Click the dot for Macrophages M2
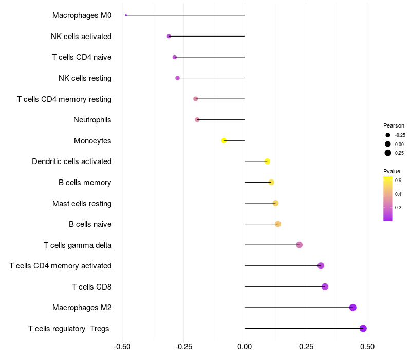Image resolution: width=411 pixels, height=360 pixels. tap(352, 308)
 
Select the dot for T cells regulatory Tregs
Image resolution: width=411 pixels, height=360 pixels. tap(363, 328)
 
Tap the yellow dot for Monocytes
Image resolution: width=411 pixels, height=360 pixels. tap(224, 140)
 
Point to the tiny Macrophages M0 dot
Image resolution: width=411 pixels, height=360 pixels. tap(126, 15)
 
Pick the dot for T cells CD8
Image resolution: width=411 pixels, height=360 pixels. tap(325, 286)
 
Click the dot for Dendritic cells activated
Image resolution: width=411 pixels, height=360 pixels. tap(267, 161)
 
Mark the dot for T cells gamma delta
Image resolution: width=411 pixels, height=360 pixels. tap(300, 245)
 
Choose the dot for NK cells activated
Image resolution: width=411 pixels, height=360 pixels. tap(169, 36)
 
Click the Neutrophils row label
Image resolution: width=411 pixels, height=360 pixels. tap(92, 120)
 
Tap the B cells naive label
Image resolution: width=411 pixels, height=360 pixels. tap(90, 224)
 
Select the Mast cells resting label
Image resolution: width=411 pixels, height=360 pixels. tap(82, 203)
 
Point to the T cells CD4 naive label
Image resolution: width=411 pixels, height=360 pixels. tap(82, 57)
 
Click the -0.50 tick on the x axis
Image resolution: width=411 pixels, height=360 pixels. tap(122, 347)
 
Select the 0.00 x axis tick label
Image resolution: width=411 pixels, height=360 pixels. tap(245, 347)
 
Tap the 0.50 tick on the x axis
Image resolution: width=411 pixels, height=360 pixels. tap(367, 347)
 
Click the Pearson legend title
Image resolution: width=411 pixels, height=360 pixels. tap(394, 125)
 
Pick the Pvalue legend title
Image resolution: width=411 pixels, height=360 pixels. tap(391, 171)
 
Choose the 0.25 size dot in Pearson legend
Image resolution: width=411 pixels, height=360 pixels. tap(388, 153)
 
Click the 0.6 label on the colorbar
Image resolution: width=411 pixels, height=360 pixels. tap(398, 180)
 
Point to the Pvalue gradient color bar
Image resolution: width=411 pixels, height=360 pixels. tap(388, 199)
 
